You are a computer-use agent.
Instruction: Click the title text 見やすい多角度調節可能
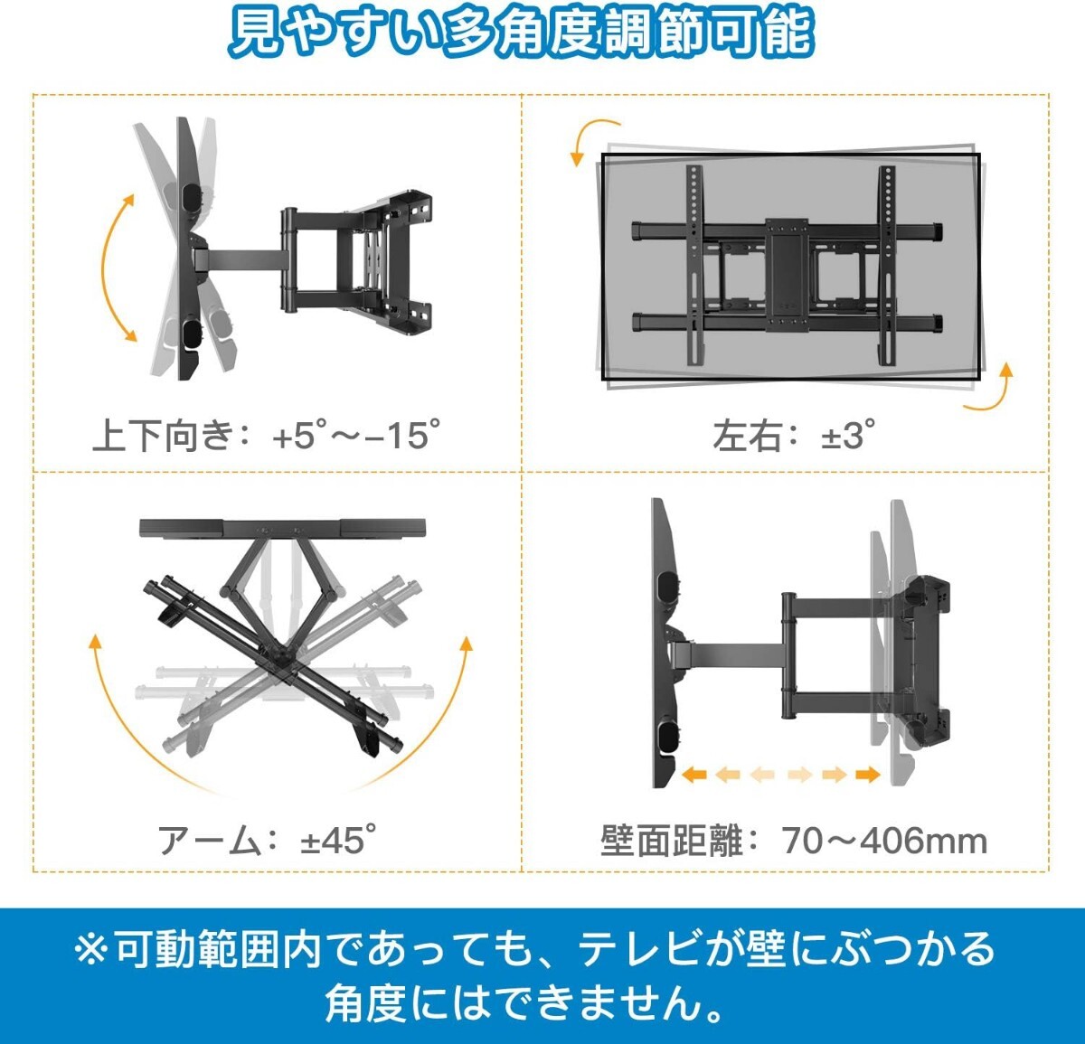(521, 35)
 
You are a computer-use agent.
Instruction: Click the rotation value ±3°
(848, 437)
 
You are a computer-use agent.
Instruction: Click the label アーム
(209, 841)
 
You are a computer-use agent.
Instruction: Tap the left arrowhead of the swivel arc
(95, 643)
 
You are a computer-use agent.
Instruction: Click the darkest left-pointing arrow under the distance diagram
(694, 775)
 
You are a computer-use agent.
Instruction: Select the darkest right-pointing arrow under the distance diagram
(867, 775)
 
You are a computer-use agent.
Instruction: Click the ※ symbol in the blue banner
(91, 950)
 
